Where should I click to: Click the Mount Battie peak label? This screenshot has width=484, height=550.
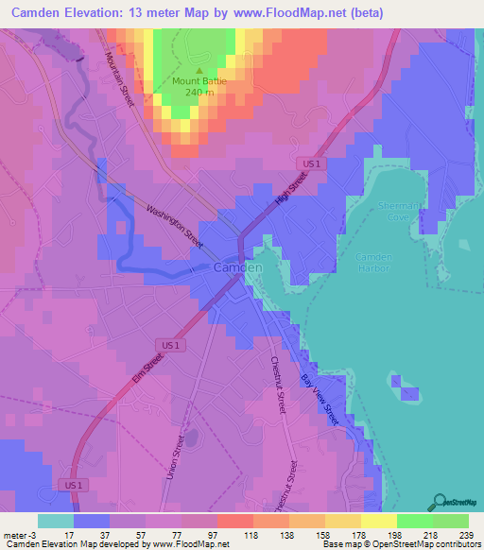(x=199, y=81)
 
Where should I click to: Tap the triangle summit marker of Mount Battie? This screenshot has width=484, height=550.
(x=199, y=70)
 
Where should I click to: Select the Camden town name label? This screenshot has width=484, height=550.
(x=238, y=268)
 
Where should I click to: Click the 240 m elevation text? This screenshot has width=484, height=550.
(x=199, y=93)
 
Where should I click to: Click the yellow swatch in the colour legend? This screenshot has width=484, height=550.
(x=378, y=521)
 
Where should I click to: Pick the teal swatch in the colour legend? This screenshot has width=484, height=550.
(x=55, y=521)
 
